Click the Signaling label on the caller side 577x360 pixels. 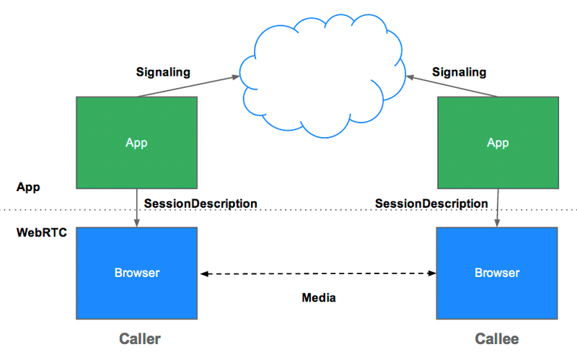click(x=163, y=72)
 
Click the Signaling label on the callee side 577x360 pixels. click(x=459, y=72)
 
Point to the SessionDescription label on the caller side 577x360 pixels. click(x=201, y=203)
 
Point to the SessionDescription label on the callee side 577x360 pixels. click(x=431, y=203)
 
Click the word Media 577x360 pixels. click(x=319, y=297)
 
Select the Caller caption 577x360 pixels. click(x=140, y=338)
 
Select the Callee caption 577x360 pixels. click(x=496, y=338)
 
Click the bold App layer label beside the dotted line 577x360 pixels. click(x=28, y=187)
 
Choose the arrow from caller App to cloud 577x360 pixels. click(x=188, y=87)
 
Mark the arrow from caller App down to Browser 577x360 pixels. click(x=136, y=208)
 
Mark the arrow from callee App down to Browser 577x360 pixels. click(x=497, y=208)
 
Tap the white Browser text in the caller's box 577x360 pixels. click(x=136, y=273)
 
